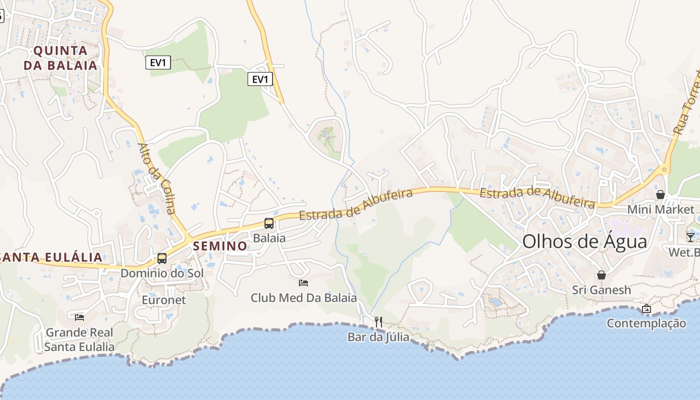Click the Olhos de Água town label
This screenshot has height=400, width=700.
pyautogui.click(x=584, y=241)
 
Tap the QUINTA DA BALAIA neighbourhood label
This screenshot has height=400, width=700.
pyautogui.click(x=60, y=58)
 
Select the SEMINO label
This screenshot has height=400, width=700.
pyautogui.click(x=220, y=246)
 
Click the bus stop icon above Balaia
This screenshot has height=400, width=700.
pyautogui.click(x=269, y=223)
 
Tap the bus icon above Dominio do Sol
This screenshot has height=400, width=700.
pyautogui.click(x=162, y=258)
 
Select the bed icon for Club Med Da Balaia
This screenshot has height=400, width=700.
pyautogui.click(x=303, y=283)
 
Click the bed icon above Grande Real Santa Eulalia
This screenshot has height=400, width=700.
pyautogui.click(x=79, y=317)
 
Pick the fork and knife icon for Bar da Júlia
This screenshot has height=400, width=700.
pyautogui.click(x=378, y=322)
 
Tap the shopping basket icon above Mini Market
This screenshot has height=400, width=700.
pyautogui.click(x=660, y=194)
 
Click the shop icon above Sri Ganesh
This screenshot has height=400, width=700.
pyautogui.click(x=601, y=275)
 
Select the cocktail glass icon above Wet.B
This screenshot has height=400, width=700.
pyautogui.click(x=690, y=237)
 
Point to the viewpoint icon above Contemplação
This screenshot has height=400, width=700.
pyautogui.click(x=646, y=308)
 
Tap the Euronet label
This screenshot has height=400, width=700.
pyautogui.click(x=163, y=300)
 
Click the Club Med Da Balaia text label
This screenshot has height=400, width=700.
pyautogui.click(x=303, y=298)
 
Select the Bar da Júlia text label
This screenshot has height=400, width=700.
pyautogui.click(x=378, y=337)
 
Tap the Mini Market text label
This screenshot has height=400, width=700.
pyautogui.click(x=661, y=209)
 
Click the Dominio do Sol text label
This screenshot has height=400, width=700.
pyautogui.click(x=162, y=273)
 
